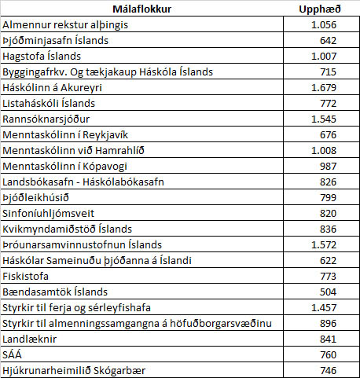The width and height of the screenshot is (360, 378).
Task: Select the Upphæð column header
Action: click(319, 9)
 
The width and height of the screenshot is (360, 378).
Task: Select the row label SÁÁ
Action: click(14, 354)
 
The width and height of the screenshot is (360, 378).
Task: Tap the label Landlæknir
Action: click(30, 339)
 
